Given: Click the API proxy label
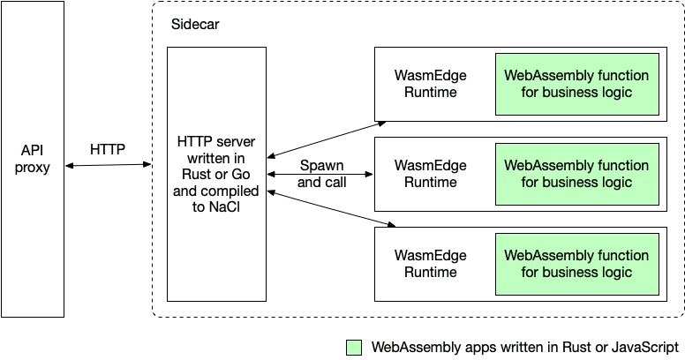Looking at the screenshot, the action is coord(33,159).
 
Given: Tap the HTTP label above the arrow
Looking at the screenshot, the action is coord(108,149).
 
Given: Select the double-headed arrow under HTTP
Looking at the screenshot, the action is coord(108,165).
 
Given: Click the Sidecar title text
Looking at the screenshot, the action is coord(195,24).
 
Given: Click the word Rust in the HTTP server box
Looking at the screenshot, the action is coord(195,174).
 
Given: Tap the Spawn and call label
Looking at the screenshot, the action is coord(322,174).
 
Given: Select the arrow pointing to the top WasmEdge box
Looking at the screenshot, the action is coord(327,139).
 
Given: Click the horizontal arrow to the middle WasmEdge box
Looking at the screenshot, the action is coord(320,175).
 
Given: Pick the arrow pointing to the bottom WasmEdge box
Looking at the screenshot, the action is coord(331,209).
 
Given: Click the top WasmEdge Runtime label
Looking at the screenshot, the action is coord(430,84).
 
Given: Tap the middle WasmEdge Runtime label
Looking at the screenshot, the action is coord(430,174).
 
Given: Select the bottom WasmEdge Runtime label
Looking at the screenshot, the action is coord(430,264).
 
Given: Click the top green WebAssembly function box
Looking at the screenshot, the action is coord(577,85).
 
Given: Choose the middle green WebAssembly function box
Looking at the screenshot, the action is coord(577,175).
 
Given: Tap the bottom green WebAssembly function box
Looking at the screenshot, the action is coord(577,265).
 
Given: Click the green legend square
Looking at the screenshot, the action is coord(354,348).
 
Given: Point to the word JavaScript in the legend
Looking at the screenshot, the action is coord(644,348).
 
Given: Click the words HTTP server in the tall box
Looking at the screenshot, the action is coord(216,141).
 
